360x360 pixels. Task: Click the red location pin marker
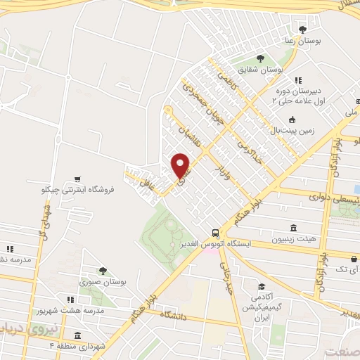[181, 165]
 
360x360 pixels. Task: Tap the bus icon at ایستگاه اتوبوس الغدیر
[214, 232]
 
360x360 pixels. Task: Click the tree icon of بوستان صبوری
[103, 269]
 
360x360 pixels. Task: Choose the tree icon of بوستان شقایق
[259, 58]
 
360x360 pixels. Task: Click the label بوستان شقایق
[260, 70]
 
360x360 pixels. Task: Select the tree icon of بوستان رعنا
[302, 30]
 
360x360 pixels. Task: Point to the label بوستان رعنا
[307, 41]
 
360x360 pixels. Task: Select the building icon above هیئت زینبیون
[293, 229]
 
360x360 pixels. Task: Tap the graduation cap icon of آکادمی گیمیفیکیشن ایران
[261, 287]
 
